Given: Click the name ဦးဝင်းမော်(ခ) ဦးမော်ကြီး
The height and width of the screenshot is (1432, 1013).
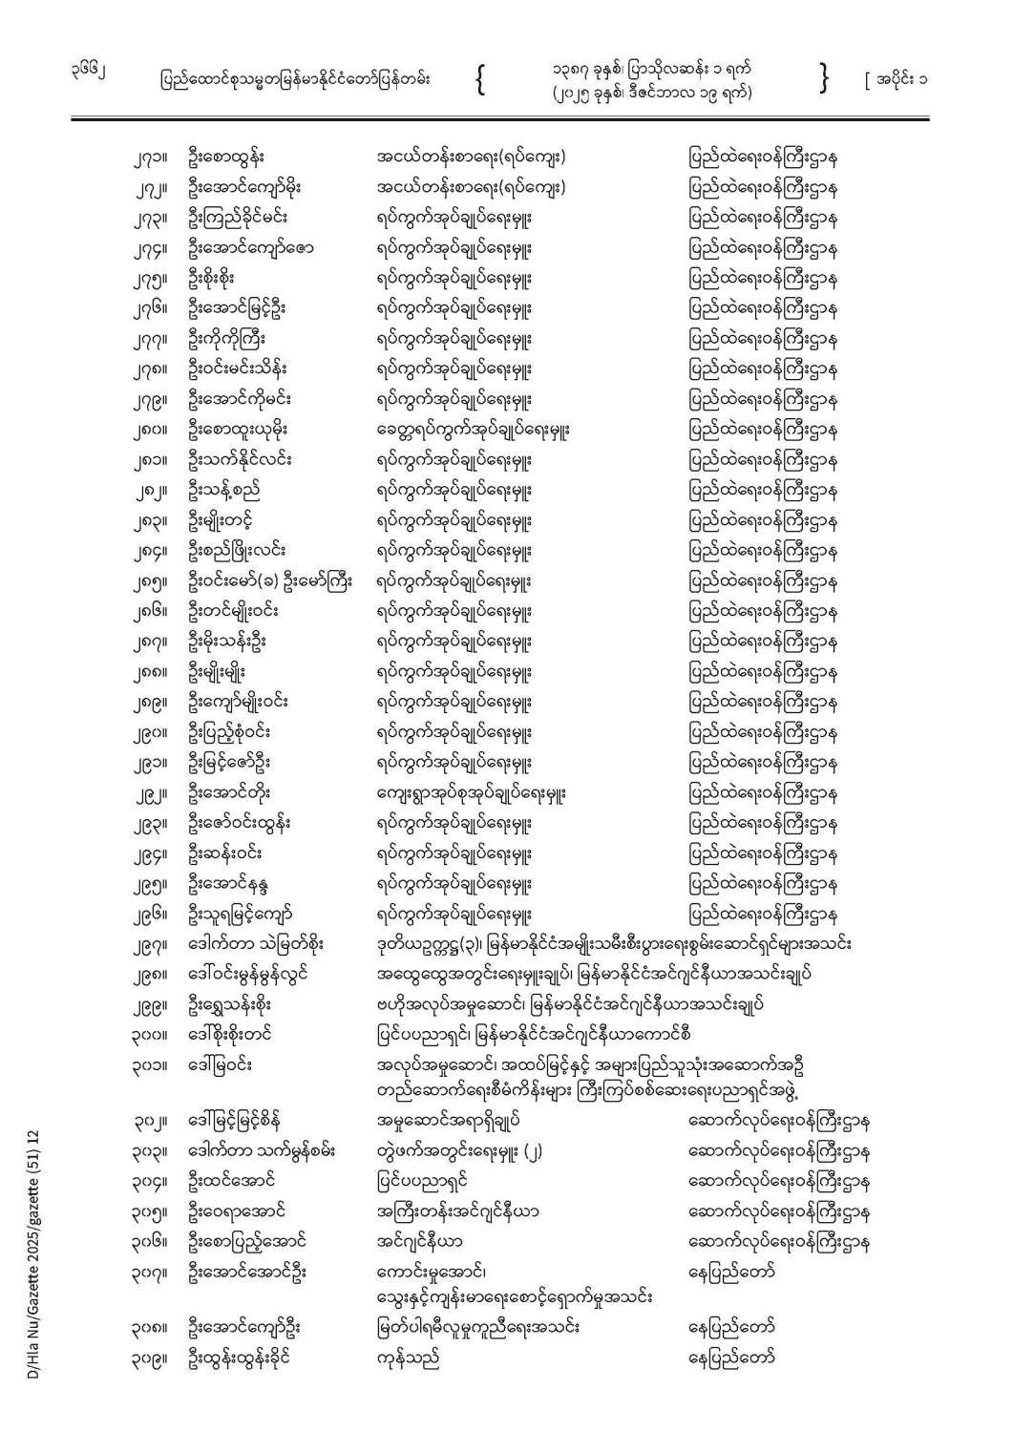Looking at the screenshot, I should (270, 580).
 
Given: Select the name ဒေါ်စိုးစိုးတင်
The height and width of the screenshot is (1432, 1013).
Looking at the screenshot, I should (230, 1034).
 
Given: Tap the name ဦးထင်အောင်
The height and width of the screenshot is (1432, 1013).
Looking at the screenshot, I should (230, 1182).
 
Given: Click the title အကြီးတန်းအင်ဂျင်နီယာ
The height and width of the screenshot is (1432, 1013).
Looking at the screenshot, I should (458, 1212).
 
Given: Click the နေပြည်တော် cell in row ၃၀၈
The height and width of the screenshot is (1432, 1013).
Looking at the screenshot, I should (730, 1327).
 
